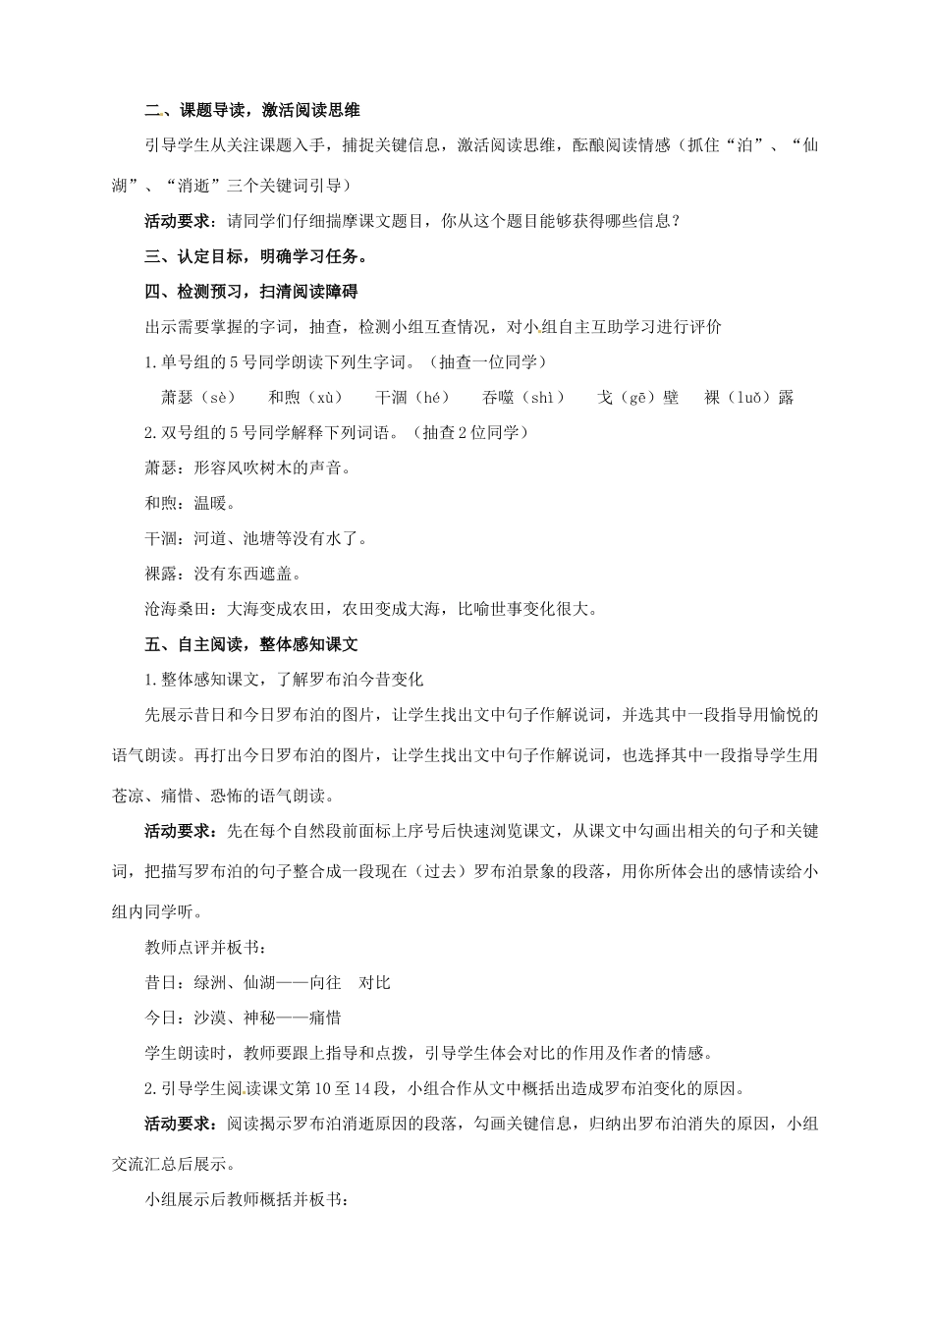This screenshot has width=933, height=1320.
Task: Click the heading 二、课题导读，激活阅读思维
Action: (252, 111)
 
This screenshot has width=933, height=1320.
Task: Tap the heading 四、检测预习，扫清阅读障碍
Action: (251, 292)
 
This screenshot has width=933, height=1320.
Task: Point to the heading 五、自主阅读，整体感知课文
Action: (251, 644)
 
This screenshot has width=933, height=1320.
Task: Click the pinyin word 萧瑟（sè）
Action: (198, 398)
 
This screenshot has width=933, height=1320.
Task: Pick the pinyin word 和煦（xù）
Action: (305, 398)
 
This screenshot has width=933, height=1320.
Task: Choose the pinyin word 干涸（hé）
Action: (412, 398)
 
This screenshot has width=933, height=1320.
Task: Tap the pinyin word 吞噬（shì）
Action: (523, 398)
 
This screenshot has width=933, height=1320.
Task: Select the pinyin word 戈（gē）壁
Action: (637, 398)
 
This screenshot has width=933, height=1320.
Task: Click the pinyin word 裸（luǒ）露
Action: (748, 398)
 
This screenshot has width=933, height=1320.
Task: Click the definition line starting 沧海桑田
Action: (370, 609)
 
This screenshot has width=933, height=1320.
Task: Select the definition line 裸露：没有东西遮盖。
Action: (223, 574)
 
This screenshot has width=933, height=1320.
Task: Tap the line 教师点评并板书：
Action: (205, 948)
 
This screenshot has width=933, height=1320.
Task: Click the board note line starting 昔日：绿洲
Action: (268, 983)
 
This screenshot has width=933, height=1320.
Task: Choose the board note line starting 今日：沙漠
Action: (243, 1018)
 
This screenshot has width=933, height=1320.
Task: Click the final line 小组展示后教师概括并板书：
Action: (246, 1199)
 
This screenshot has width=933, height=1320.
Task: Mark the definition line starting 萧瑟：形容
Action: (247, 467)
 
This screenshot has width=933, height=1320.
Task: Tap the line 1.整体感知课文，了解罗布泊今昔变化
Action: (283, 680)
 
